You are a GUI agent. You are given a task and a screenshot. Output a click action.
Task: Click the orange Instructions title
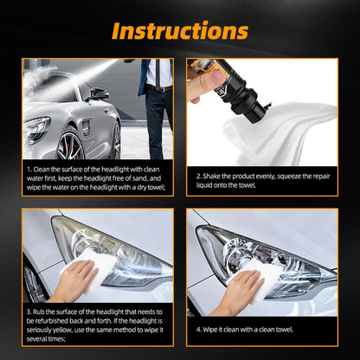(179, 32)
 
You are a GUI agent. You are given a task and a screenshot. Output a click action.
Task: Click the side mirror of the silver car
(98, 94)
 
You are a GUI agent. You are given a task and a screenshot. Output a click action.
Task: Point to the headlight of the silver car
(37, 130)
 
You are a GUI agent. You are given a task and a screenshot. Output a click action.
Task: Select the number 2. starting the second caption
(200, 173)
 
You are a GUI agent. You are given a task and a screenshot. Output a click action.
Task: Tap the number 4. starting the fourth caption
(200, 331)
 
